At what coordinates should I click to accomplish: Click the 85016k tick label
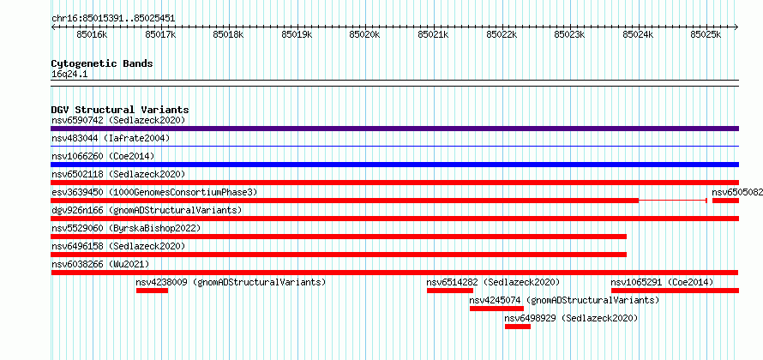(x=92, y=34)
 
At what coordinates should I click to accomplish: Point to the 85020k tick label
(x=365, y=34)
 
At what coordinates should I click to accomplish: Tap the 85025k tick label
(x=706, y=34)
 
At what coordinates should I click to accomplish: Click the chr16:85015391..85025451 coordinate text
(x=113, y=19)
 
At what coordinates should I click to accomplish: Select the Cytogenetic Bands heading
(x=102, y=63)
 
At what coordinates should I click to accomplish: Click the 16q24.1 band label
(x=69, y=75)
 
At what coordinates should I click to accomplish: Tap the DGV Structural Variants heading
(x=120, y=110)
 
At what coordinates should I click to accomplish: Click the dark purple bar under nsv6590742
(x=394, y=129)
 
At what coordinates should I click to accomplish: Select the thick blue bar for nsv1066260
(x=394, y=165)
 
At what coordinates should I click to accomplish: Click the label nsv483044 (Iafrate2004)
(x=111, y=138)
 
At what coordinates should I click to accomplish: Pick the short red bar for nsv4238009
(x=152, y=291)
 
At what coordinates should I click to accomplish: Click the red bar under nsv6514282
(x=450, y=291)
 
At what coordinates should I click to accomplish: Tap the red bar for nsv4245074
(x=496, y=309)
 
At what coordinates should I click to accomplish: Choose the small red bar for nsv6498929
(x=518, y=327)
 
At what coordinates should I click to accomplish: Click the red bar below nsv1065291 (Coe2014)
(x=675, y=291)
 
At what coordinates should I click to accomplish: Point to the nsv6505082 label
(x=737, y=192)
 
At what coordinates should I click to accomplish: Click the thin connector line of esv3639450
(x=672, y=201)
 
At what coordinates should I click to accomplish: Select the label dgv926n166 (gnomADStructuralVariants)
(x=147, y=210)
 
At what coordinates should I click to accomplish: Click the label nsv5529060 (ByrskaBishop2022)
(x=126, y=228)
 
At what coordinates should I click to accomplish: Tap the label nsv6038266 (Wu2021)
(x=100, y=264)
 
